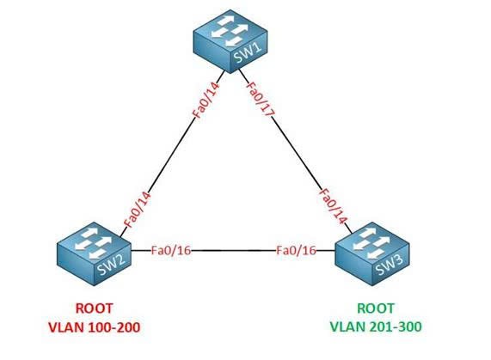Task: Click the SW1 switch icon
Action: point(230,41)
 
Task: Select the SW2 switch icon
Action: point(94,253)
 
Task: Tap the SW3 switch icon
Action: point(372,253)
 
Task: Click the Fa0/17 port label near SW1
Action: point(260,99)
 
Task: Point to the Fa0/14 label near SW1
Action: point(206,100)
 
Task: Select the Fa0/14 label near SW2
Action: point(138,210)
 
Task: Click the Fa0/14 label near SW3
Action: point(333,206)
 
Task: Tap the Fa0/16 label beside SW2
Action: point(171,251)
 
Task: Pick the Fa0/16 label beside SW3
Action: point(296,251)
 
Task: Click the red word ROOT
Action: point(94,308)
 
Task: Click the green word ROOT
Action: point(376,308)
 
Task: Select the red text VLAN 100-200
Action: point(94,327)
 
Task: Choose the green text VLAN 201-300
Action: point(376,326)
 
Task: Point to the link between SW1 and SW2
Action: point(173,153)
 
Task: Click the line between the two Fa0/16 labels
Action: point(234,251)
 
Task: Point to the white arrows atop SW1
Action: point(230,31)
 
